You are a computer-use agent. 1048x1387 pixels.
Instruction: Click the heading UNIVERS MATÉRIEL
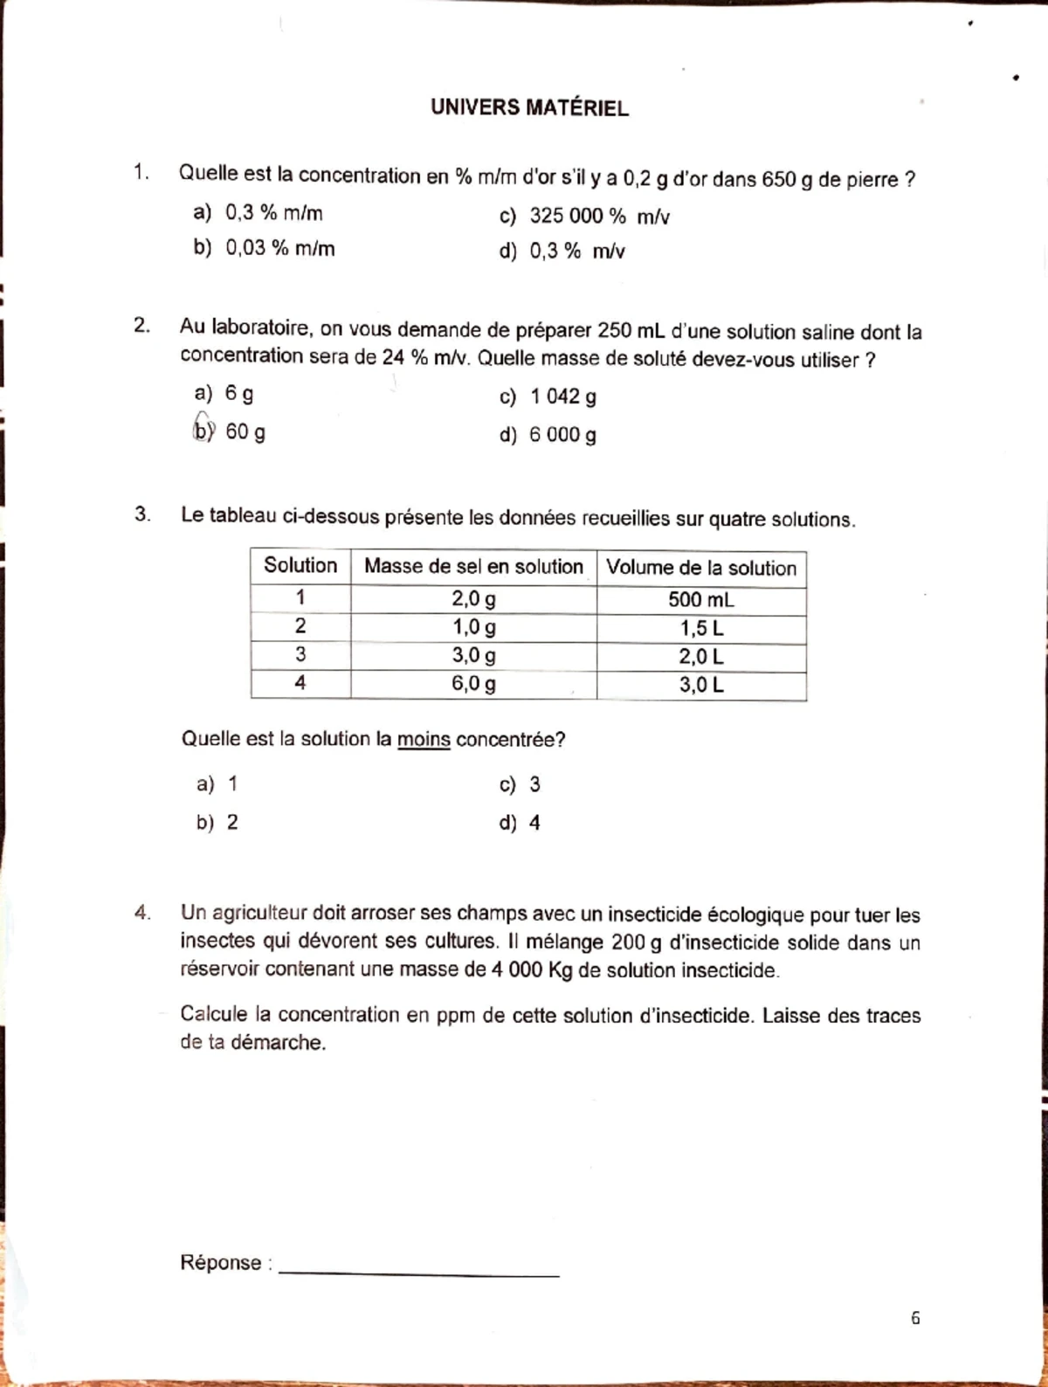529,108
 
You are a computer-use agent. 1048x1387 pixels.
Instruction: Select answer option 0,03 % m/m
264,248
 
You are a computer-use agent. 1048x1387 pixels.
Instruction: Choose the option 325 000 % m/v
583,217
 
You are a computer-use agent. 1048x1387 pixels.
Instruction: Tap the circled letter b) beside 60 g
203,430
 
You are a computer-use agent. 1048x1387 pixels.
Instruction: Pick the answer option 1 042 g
548,397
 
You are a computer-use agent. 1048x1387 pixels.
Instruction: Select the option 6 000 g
548,435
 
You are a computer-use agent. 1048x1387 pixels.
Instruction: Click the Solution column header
300,566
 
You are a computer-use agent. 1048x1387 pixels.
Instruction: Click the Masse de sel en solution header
473,567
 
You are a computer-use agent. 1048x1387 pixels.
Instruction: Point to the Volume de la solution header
701,569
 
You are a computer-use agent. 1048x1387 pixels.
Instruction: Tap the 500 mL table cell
701,600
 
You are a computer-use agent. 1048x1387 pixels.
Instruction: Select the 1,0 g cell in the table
473,627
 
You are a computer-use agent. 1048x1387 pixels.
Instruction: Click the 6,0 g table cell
473,684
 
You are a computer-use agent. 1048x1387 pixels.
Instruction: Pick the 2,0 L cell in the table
701,657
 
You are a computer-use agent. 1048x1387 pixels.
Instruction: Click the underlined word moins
424,740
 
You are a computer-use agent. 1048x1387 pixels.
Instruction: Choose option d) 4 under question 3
521,823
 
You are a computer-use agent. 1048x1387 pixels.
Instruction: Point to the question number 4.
141,914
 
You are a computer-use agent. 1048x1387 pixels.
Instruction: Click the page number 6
914,1318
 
